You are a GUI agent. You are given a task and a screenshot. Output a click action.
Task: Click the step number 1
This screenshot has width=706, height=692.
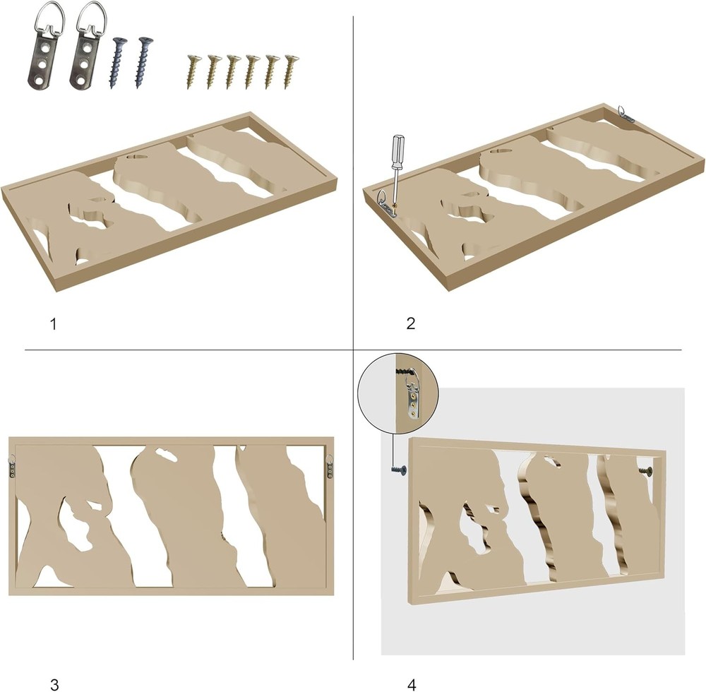pyautogui.click(x=54, y=324)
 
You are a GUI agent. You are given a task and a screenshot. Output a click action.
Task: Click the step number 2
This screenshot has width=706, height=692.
pyautogui.click(x=411, y=323)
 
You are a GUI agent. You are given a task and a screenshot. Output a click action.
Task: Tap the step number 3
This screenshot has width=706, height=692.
pyautogui.click(x=54, y=685)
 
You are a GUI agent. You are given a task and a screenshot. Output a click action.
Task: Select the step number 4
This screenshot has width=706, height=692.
pyautogui.click(x=412, y=685)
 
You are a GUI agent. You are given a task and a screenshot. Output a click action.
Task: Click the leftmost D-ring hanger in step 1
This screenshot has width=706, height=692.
pyautogui.click(x=44, y=49)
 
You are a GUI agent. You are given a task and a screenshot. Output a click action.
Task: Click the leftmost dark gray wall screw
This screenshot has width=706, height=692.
pyautogui.click(x=117, y=63)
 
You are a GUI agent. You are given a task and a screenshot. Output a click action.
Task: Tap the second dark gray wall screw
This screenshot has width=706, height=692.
pyautogui.click(x=143, y=62)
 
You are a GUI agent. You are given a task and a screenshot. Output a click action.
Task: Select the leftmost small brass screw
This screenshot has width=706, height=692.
pyautogui.click(x=193, y=71)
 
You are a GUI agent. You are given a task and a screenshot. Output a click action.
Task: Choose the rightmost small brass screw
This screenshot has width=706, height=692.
pyautogui.click(x=290, y=71)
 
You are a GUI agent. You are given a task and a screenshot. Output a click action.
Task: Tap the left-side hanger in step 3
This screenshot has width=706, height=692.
pyautogui.click(x=13, y=467)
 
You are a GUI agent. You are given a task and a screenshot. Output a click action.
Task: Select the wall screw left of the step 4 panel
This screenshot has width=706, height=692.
pyautogui.click(x=398, y=470)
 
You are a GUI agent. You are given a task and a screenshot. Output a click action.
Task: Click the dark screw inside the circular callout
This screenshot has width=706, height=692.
pyautogui.click(x=406, y=373)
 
